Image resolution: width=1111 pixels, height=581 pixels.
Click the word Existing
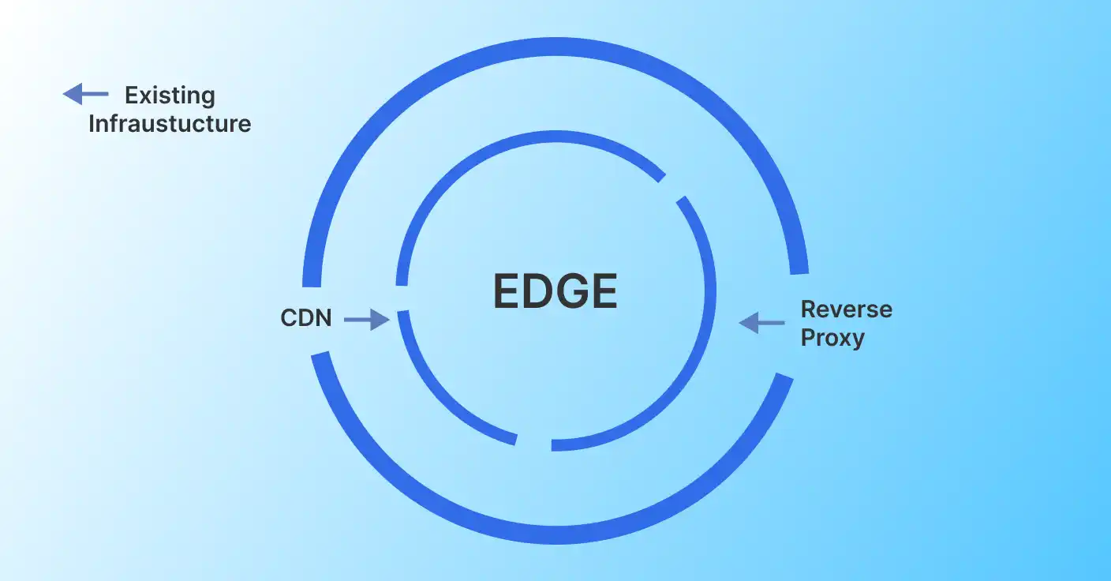pos(170,96)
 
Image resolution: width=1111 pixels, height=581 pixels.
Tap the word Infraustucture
pos(170,124)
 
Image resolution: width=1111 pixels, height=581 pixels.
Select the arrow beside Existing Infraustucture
pos(85,95)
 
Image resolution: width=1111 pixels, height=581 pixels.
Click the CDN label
pos(306,319)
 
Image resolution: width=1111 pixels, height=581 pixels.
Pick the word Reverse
pos(846,309)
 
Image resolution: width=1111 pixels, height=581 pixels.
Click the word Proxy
pos(832,338)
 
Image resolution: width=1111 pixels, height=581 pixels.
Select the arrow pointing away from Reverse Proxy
pos(761,322)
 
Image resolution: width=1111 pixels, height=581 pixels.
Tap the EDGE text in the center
pos(555,291)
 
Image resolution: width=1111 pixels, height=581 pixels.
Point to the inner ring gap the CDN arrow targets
pos(402,298)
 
